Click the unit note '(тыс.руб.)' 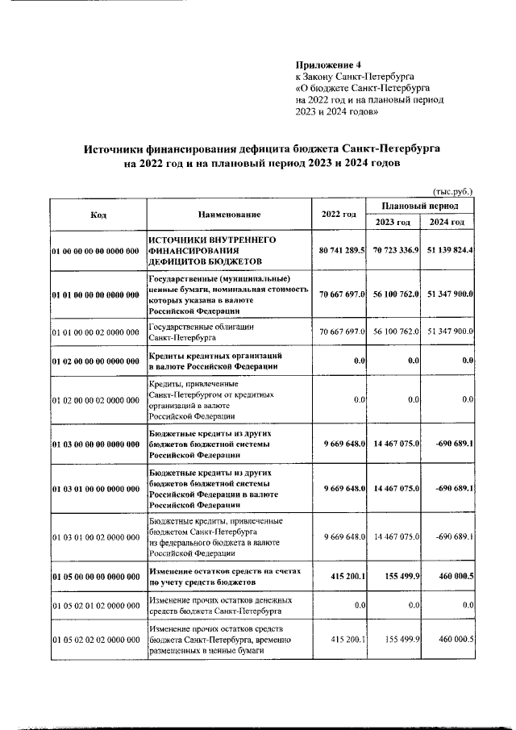click(x=453, y=191)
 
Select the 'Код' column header click(x=98, y=215)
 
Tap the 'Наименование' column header click(x=229, y=215)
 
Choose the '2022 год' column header click(x=339, y=215)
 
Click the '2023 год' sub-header click(x=393, y=223)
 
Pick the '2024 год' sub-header click(x=447, y=223)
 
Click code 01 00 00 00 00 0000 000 click(x=96, y=252)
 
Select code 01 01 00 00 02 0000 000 click(x=96, y=332)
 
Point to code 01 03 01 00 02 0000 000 click(x=96, y=536)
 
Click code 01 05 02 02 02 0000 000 click(x=96, y=640)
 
